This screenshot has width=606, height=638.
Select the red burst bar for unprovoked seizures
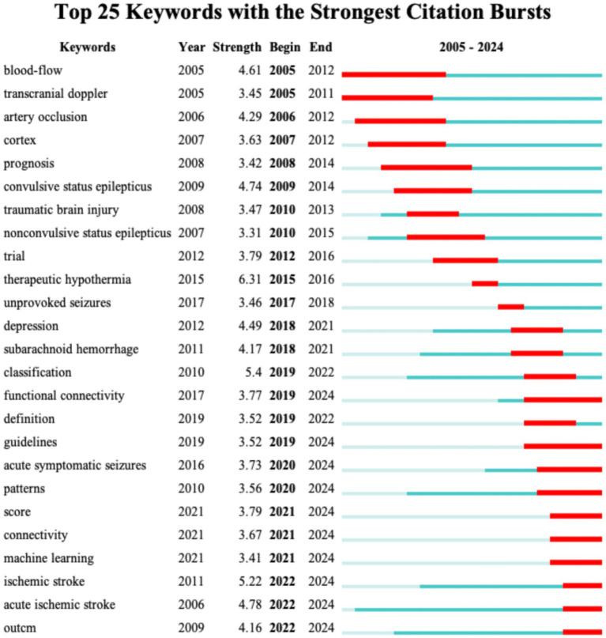tap(510, 307)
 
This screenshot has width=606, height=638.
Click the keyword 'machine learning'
tap(48, 559)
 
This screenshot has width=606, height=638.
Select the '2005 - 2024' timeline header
tap(472, 47)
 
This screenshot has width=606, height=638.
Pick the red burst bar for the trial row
tap(465, 260)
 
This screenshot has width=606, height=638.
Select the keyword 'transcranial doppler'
tap(66, 94)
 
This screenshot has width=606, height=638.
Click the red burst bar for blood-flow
tap(393, 74)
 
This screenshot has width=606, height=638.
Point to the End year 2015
tap(322, 233)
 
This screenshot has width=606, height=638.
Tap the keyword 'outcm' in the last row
tap(20, 629)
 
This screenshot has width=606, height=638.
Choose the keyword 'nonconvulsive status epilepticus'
tap(87, 233)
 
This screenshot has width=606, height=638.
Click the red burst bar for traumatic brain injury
tap(432, 213)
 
